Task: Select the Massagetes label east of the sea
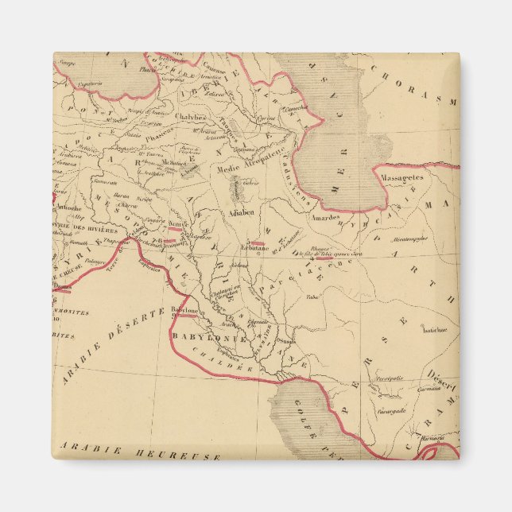pyautogui.click(x=401, y=178)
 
